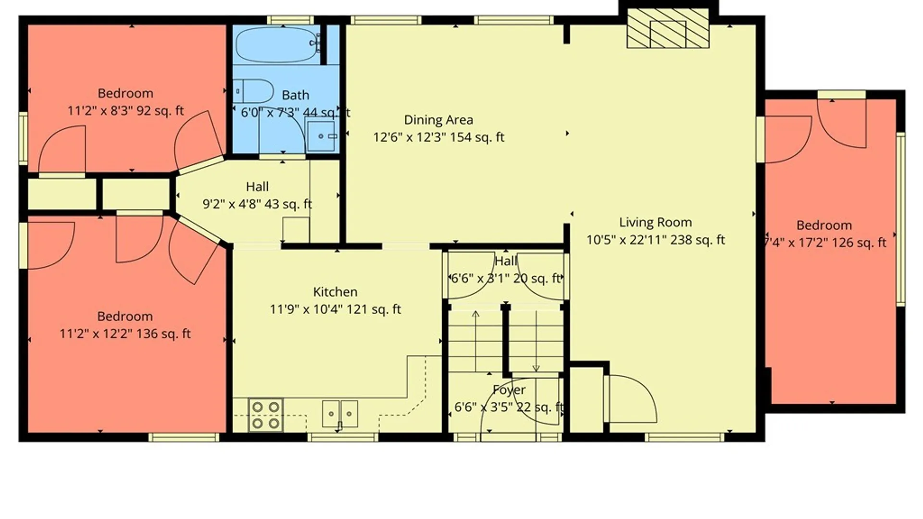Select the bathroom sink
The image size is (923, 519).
pyautogui.click(x=321, y=136)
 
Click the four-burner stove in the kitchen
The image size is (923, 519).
pyautogui.click(x=266, y=415)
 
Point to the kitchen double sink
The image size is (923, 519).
pyautogui.click(x=340, y=414)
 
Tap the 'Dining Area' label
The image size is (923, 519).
pyautogui.click(x=438, y=120)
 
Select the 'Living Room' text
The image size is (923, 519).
pyautogui.click(x=655, y=222)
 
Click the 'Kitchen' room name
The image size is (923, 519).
pyautogui.click(x=335, y=292)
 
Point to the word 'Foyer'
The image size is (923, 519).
pyautogui.click(x=509, y=390)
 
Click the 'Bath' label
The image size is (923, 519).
pyautogui.click(x=295, y=95)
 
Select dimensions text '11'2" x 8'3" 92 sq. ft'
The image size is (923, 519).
pyautogui.click(x=125, y=111)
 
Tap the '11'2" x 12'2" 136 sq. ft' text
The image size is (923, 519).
pyautogui.click(x=125, y=334)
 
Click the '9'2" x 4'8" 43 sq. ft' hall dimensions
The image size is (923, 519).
pyautogui.click(x=257, y=204)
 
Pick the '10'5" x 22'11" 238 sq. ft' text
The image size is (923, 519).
pyautogui.click(x=655, y=240)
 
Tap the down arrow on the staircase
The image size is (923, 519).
pyautogui.click(x=536, y=341)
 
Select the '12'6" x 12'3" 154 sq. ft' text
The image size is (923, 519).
pyautogui.click(x=438, y=137)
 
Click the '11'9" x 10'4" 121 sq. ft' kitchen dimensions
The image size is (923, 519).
pyautogui.click(x=335, y=309)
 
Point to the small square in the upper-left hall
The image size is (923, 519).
pyautogui.click(x=296, y=230)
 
